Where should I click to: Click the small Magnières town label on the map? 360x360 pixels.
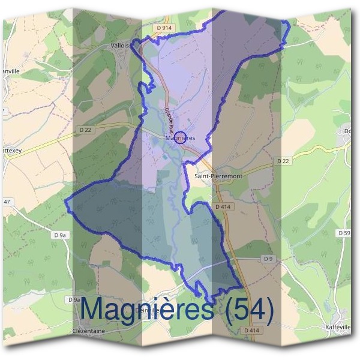181,138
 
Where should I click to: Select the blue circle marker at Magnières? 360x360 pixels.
181,137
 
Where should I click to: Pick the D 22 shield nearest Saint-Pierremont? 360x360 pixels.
283,161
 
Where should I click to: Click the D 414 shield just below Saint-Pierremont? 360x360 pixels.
223,206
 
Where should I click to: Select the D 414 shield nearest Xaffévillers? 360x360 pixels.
251,331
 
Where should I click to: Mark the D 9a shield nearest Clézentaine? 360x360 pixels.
74,299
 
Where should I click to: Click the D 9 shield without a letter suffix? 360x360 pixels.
268,259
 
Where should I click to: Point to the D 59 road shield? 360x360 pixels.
343,232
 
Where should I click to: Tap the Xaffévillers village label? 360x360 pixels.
337,327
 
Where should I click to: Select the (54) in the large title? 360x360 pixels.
246,310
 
